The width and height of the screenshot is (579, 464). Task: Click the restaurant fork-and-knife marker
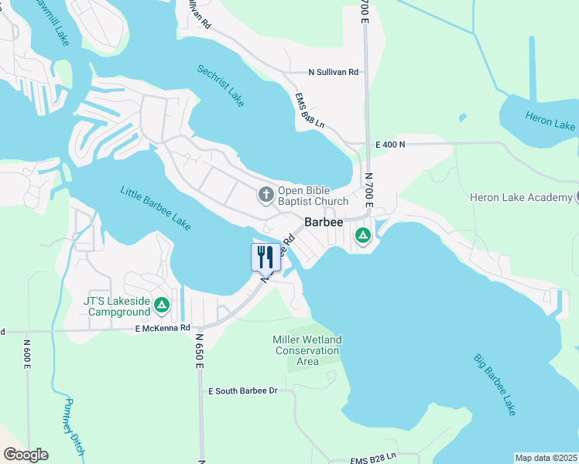[x=266, y=257]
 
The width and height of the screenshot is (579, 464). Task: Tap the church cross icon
[x=266, y=194]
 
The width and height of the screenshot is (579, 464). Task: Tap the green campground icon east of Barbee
[x=361, y=236]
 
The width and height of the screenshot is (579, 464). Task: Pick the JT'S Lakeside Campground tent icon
[x=161, y=305]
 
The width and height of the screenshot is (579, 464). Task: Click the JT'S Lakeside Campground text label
[x=117, y=306]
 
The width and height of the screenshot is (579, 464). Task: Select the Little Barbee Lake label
[x=155, y=207]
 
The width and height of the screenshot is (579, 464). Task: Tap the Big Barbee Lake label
[x=495, y=385]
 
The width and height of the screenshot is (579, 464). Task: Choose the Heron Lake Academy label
[x=520, y=198]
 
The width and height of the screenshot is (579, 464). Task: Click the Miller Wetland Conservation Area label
[x=307, y=350]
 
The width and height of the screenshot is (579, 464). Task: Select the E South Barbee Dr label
[x=242, y=391]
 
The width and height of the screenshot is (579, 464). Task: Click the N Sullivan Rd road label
[x=333, y=73]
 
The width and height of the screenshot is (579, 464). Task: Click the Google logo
[x=26, y=455]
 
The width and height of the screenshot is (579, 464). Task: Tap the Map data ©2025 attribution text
[x=546, y=458]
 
